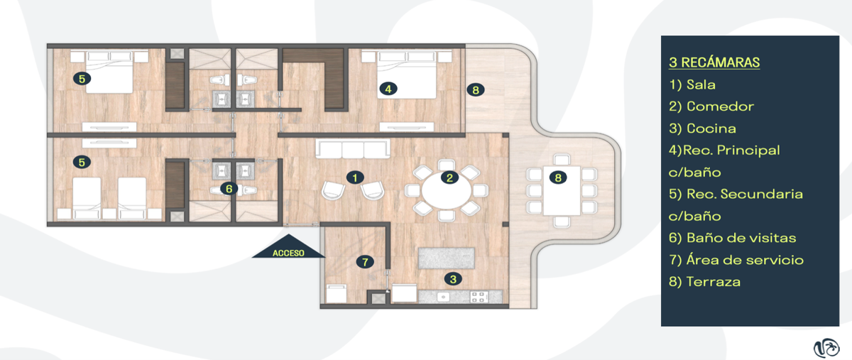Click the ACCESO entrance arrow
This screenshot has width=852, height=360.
pyautogui.click(x=288, y=247)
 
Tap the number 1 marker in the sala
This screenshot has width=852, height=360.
pyautogui.click(x=355, y=178)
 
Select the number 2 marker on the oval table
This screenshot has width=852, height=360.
pyautogui.click(x=449, y=178)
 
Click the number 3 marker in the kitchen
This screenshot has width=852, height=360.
pyautogui.click(x=453, y=279)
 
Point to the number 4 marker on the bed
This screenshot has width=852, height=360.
pyautogui.click(x=388, y=89)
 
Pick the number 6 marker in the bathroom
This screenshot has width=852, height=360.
pyautogui.click(x=229, y=188)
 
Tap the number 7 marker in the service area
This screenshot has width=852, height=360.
pyautogui.click(x=365, y=262)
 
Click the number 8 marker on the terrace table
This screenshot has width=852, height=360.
pyautogui.click(x=558, y=178)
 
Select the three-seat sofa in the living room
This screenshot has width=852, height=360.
pyautogui.click(x=353, y=148)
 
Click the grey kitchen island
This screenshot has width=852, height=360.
pyautogui.click(x=447, y=258)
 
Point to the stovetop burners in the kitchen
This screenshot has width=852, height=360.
pyautogui.click(x=477, y=297)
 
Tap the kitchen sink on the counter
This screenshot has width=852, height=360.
pyautogui.click(x=443, y=297)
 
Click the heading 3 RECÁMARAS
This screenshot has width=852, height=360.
pyautogui.click(x=714, y=62)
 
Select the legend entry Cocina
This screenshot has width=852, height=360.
pyautogui.click(x=702, y=129)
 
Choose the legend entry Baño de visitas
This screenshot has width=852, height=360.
pyautogui.click(x=733, y=238)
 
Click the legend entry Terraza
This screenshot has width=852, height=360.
pyautogui.click(x=705, y=282)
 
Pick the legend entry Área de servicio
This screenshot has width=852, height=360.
pyautogui.click(x=736, y=261)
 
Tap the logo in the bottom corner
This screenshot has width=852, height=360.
pyautogui.click(x=826, y=349)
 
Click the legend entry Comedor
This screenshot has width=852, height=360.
pyautogui.click(x=711, y=107)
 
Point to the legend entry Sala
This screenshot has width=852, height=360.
pyautogui.click(x=692, y=84)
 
